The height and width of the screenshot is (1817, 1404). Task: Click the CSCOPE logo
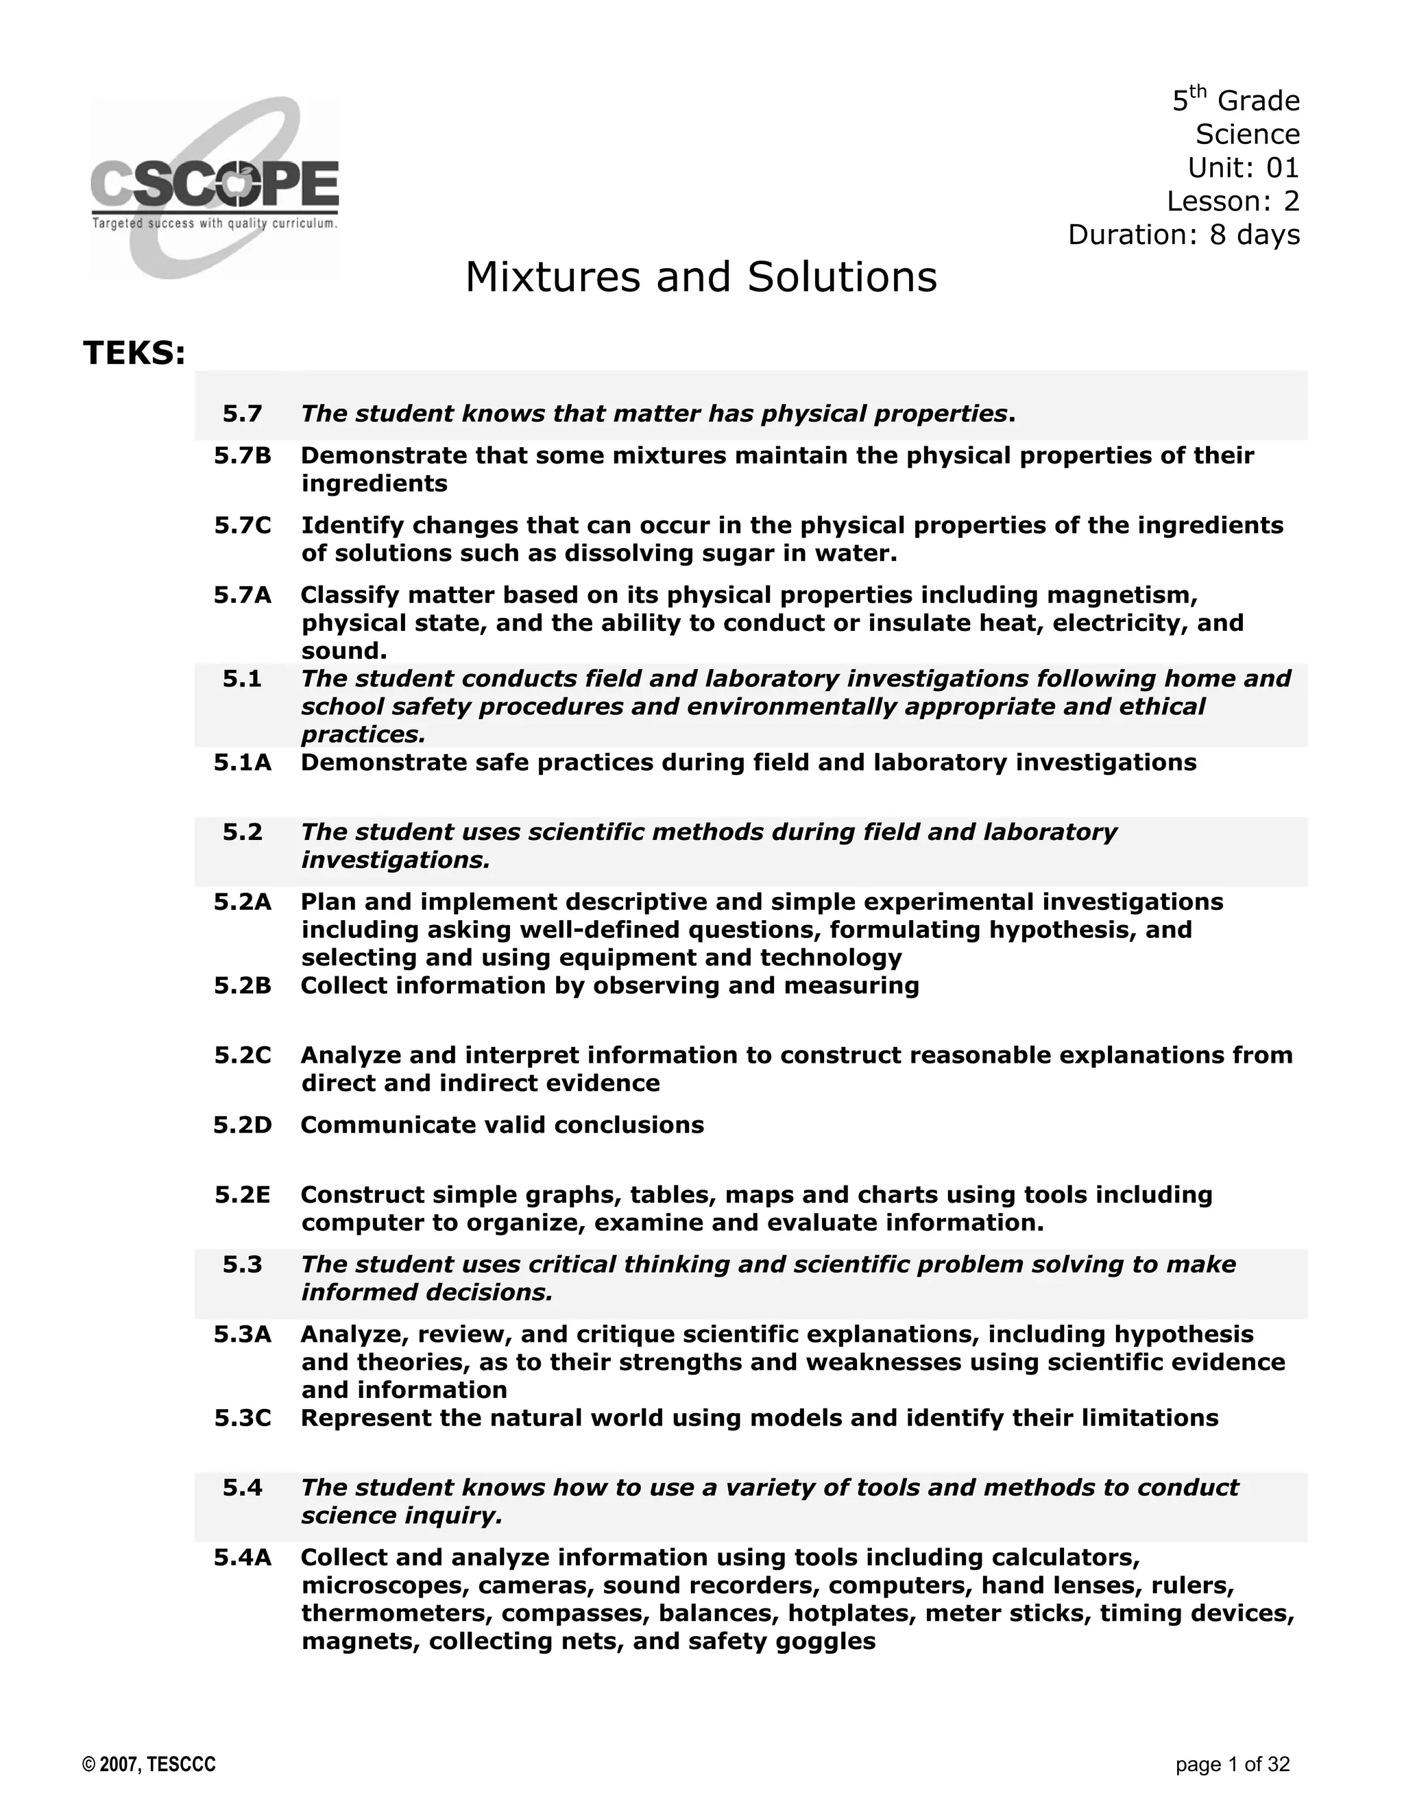(215, 189)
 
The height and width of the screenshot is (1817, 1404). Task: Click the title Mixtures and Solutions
(701, 277)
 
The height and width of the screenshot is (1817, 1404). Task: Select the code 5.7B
(242, 456)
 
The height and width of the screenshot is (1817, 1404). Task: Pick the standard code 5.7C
(242, 526)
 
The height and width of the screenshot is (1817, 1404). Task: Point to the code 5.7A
(242, 595)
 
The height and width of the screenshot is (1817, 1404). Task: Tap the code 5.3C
(242, 1418)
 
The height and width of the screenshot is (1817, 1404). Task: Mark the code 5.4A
(242, 1557)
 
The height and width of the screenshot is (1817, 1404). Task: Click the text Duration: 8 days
(1183, 234)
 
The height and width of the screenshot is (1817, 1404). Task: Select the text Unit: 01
(1243, 168)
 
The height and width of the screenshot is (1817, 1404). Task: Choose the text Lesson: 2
(1232, 202)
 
